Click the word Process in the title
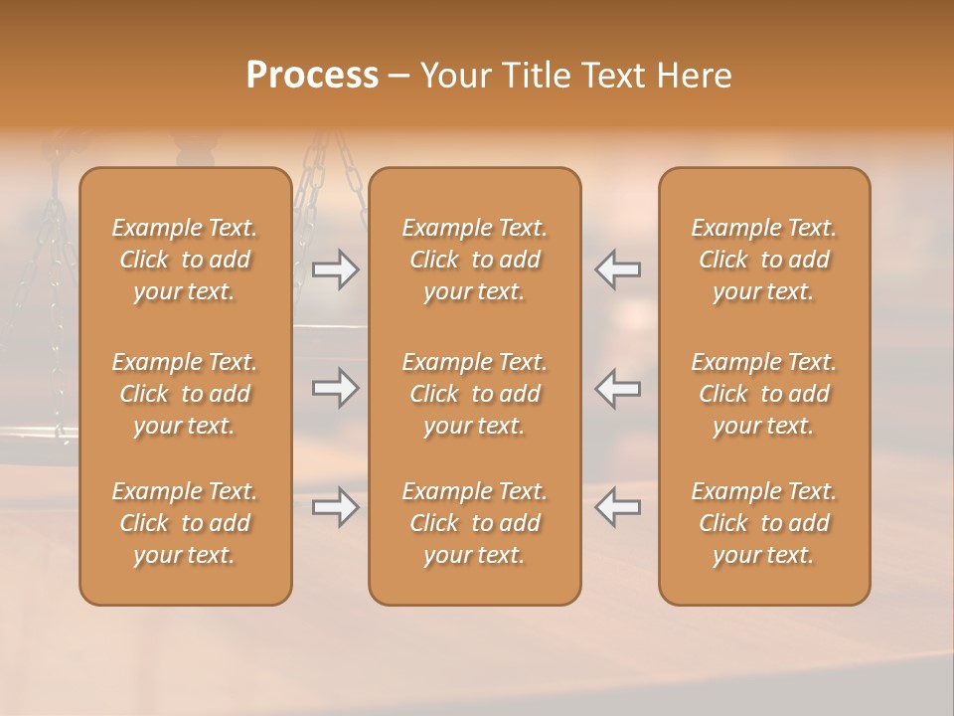click(x=312, y=76)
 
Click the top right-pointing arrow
click(x=335, y=269)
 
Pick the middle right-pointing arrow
click(x=335, y=388)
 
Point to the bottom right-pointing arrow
click(x=335, y=508)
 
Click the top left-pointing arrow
click(x=618, y=269)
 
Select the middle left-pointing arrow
click(x=618, y=388)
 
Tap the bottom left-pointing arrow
click(x=618, y=508)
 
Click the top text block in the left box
click(x=185, y=260)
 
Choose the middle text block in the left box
click(x=185, y=394)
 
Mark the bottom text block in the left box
click(x=185, y=523)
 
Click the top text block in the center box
click(x=475, y=260)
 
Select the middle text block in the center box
click(x=475, y=394)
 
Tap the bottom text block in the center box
click(x=475, y=523)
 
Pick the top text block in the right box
click(x=764, y=260)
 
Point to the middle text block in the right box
click(x=764, y=394)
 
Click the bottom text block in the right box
click(x=764, y=523)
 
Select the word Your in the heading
click(x=454, y=76)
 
